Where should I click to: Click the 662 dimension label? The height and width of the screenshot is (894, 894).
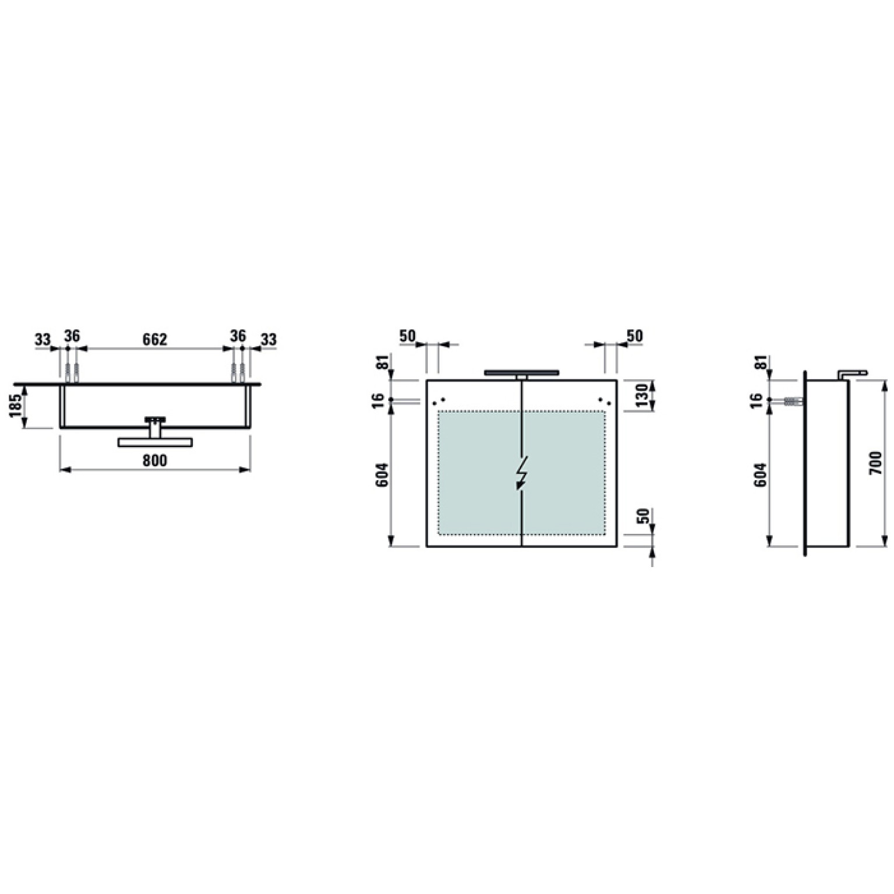(x=155, y=339)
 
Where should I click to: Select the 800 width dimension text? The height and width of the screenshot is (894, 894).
(x=155, y=460)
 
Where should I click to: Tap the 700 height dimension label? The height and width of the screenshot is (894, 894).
(x=876, y=463)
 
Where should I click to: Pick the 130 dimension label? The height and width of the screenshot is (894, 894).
(x=642, y=395)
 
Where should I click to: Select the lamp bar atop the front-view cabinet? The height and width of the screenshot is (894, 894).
(x=522, y=372)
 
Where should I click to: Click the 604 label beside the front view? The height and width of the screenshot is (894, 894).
(x=382, y=476)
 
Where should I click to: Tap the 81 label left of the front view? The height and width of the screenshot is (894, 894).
(x=382, y=362)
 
